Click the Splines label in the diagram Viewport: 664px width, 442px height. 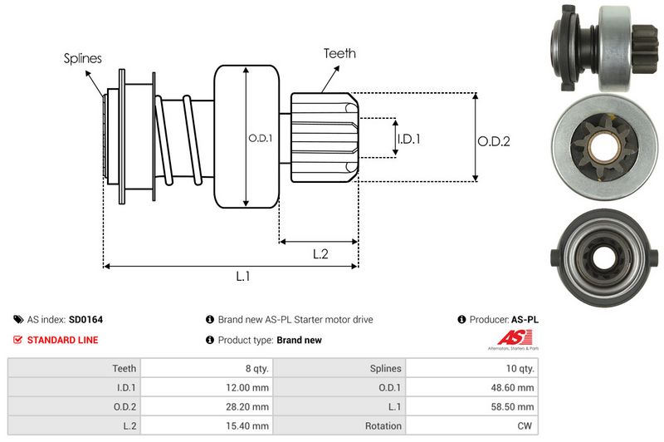(82, 58)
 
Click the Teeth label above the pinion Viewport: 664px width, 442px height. (339, 53)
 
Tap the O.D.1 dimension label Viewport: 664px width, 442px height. (260, 138)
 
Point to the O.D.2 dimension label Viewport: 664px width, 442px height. (493, 141)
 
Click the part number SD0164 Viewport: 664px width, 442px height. (85, 319)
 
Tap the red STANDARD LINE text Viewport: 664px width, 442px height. (62, 340)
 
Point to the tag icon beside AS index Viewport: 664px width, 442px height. (18, 319)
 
